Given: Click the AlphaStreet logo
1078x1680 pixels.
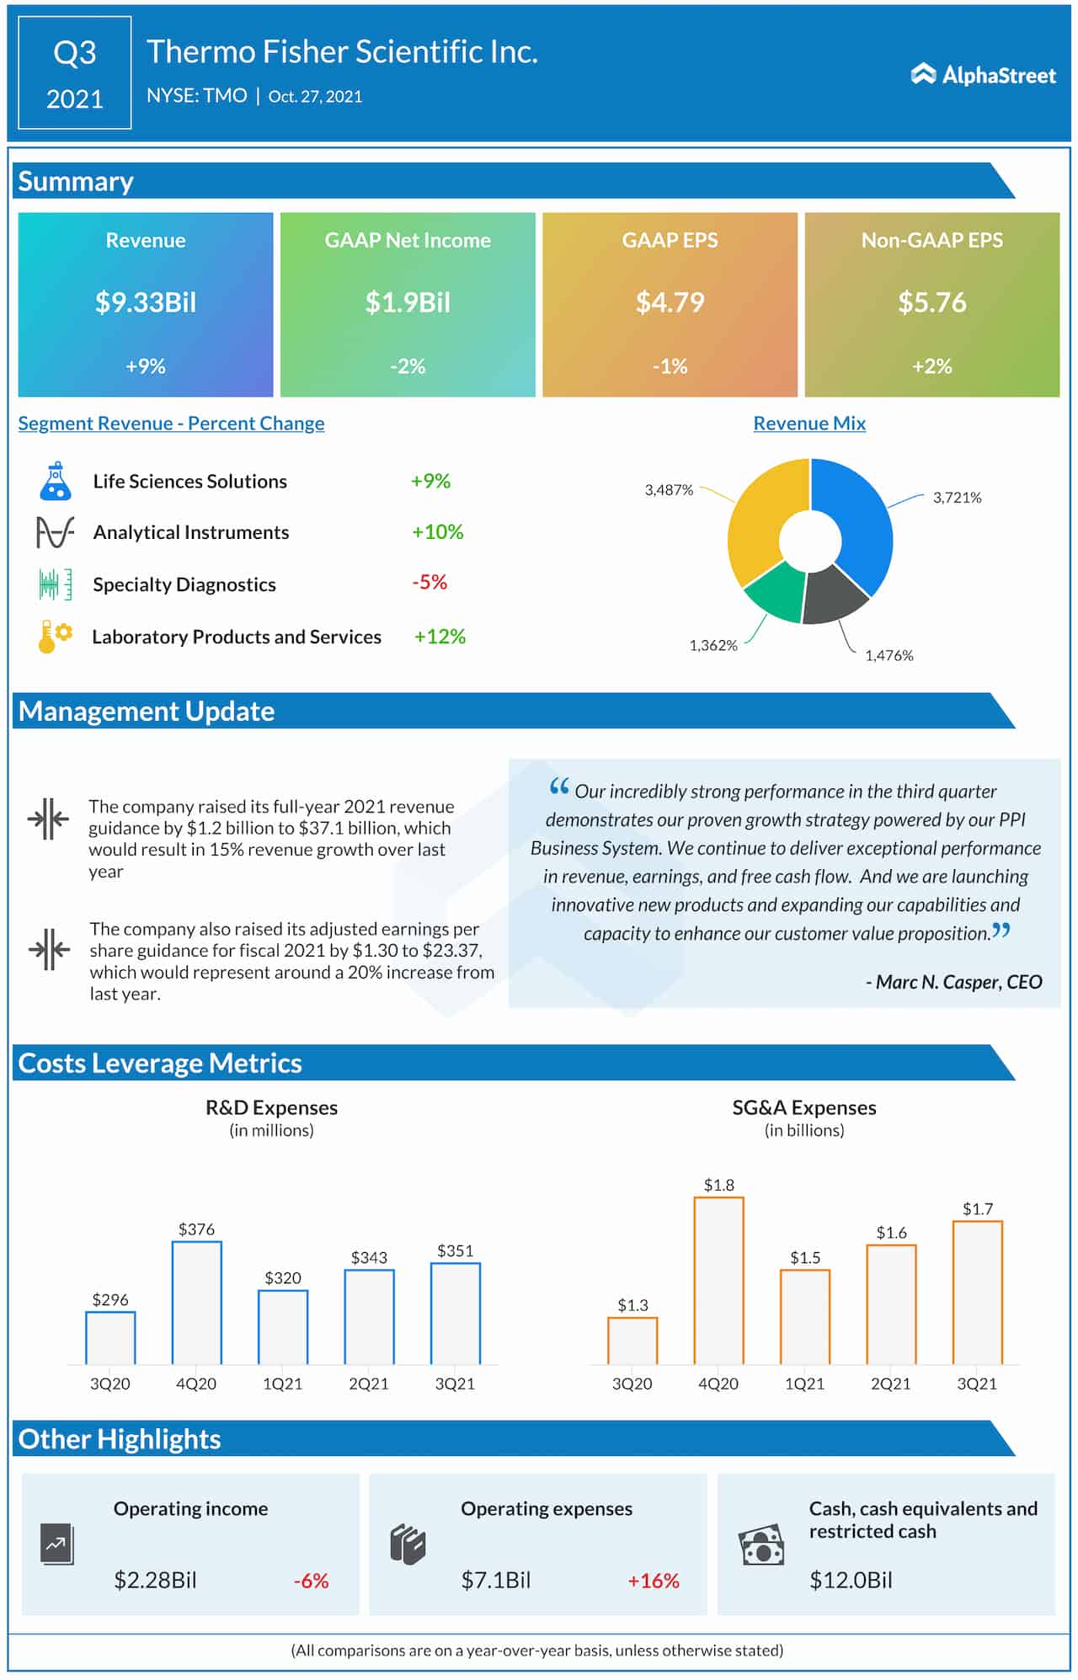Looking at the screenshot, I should [x=983, y=75].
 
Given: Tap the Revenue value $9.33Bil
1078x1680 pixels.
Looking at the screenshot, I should [x=146, y=302].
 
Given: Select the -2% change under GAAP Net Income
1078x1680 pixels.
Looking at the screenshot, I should [x=408, y=366].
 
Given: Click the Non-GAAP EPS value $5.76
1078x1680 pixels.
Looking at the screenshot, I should [x=931, y=302].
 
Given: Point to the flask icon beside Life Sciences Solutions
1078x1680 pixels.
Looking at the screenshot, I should [x=55, y=481].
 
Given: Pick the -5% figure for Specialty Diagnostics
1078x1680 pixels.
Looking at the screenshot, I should [x=430, y=583].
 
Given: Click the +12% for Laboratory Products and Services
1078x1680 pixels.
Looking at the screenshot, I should [x=440, y=637].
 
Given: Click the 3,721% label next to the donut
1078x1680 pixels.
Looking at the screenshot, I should [x=957, y=498].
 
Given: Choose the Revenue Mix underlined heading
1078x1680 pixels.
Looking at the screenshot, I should [x=809, y=424].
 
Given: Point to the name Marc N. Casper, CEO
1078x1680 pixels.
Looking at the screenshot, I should [x=954, y=982].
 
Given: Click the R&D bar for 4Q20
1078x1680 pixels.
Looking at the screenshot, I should [x=196, y=1303].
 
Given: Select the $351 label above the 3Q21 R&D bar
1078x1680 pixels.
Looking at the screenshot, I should [x=455, y=1251].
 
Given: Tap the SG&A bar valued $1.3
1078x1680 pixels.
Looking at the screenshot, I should [x=632, y=1341].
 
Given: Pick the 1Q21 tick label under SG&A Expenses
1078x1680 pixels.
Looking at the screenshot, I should [x=804, y=1384].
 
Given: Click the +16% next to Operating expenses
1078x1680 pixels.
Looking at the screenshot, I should [x=653, y=1581].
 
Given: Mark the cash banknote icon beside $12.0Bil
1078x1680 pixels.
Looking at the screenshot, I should [x=761, y=1545].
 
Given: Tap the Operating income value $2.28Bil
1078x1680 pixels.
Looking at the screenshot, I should [x=155, y=1581].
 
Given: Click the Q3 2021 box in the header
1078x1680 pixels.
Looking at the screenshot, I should [x=75, y=74].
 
